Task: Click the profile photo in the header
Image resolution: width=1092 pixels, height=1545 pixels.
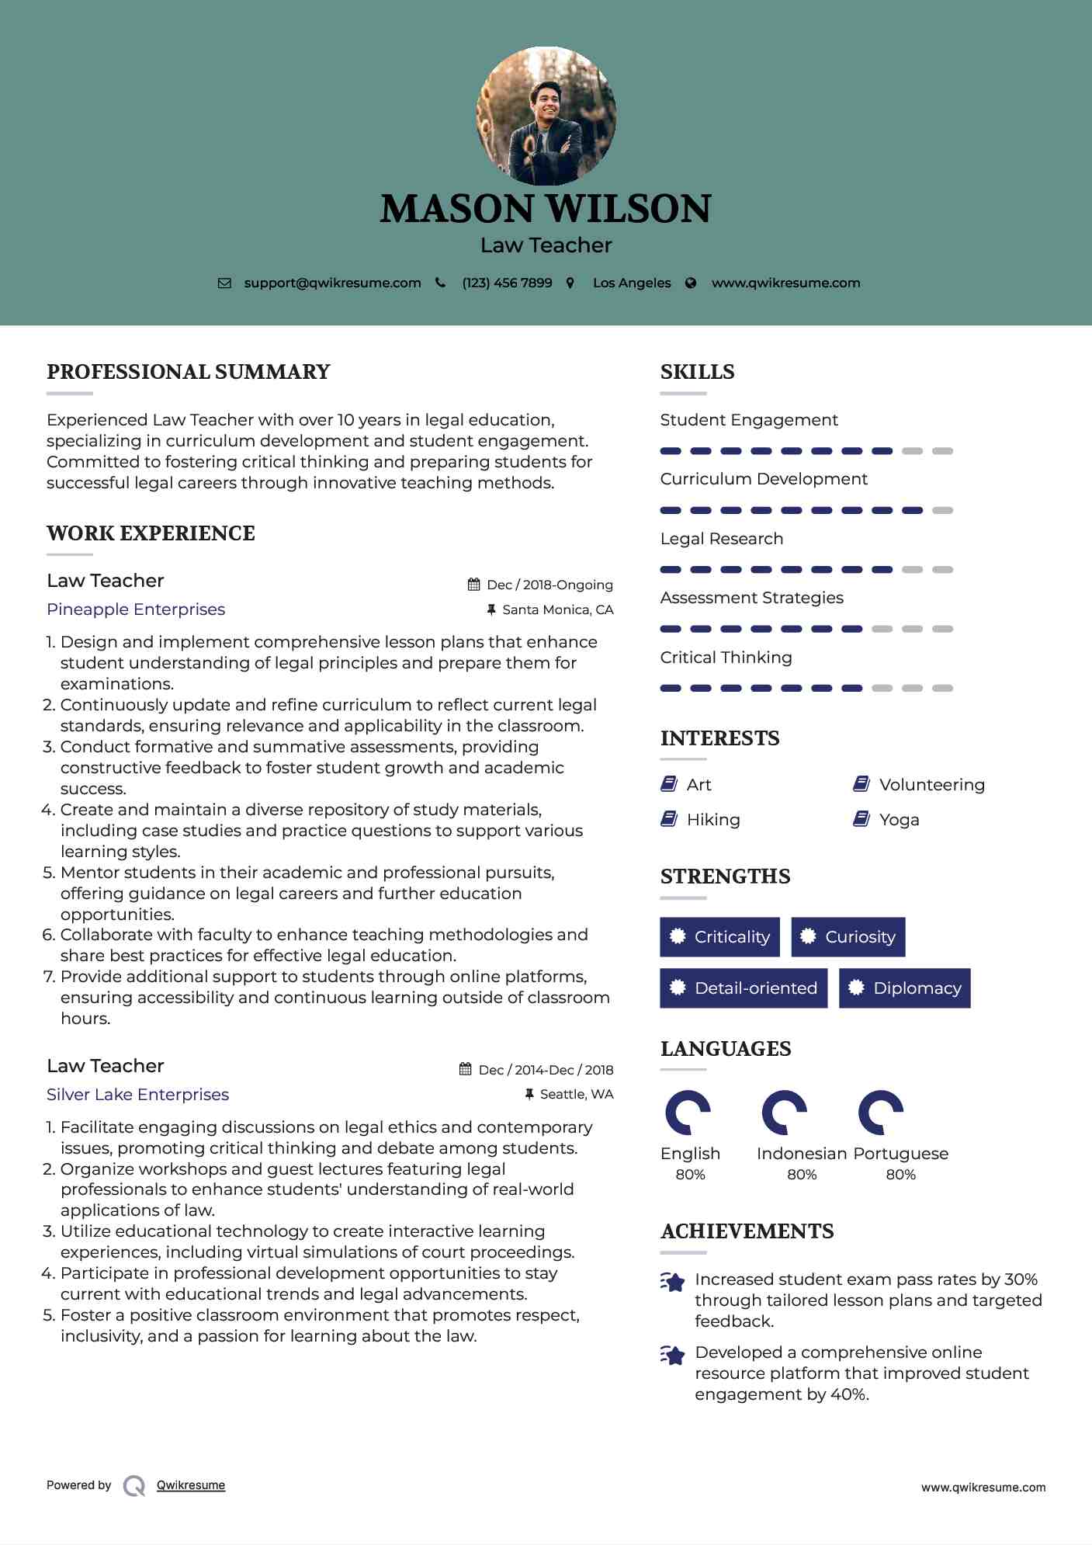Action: point(546,116)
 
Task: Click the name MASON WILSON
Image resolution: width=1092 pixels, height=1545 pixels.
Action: point(546,208)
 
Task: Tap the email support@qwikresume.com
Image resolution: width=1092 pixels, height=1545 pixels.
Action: point(332,283)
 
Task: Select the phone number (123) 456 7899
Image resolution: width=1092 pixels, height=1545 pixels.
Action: point(507,283)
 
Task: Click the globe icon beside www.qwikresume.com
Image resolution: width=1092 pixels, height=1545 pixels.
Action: point(691,283)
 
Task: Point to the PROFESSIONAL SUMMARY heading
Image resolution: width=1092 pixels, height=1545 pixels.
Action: point(189,372)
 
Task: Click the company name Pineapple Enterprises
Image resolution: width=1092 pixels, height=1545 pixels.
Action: point(136,609)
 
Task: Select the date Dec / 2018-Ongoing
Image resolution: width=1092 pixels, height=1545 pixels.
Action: point(549,585)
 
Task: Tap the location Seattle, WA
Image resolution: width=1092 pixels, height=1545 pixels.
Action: point(576,1095)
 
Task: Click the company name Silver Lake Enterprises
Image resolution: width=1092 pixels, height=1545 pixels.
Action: point(137,1095)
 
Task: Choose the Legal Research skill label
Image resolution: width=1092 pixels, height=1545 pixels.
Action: point(722,539)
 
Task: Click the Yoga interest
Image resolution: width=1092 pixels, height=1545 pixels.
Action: point(899,820)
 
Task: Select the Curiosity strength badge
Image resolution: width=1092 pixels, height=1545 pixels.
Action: point(848,937)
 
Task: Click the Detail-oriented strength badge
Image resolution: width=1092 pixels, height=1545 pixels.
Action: point(744,988)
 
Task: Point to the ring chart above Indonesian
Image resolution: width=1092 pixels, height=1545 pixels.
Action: point(784,1113)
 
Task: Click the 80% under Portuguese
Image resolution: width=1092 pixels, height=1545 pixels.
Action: point(900,1175)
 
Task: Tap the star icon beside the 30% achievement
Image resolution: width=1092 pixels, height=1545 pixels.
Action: point(672,1282)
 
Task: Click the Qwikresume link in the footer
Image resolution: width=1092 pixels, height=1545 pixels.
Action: point(191,1485)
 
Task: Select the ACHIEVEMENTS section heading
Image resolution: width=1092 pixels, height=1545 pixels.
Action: point(747,1231)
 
